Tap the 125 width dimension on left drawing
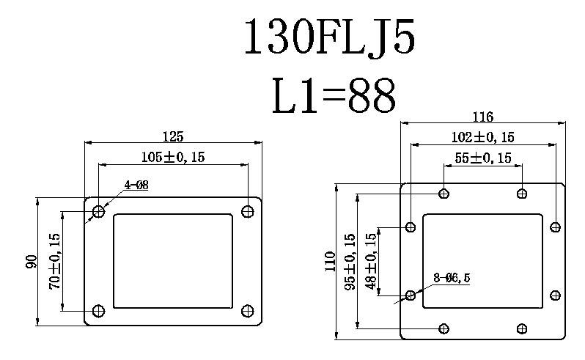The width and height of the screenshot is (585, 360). click(173, 136)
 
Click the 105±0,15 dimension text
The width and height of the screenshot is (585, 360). click(174, 156)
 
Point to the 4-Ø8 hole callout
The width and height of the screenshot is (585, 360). click(136, 185)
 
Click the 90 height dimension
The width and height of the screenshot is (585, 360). click(32, 261)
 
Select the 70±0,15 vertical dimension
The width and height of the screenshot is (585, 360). click(55, 261)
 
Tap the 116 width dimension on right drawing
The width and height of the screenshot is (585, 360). click(482, 117)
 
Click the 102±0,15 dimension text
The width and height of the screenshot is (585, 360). click(482, 137)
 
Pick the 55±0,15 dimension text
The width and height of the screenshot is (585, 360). click(483, 158)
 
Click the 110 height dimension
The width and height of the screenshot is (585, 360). click(330, 262)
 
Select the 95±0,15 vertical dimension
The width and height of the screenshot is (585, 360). click(350, 262)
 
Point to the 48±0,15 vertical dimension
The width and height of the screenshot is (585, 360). click(371, 261)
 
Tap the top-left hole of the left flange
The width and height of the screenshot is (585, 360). click(99, 212)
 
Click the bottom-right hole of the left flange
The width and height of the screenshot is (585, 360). click(248, 309)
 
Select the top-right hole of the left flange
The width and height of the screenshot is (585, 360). click(248, 212)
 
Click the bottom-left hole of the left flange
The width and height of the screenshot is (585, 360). click(99, 309)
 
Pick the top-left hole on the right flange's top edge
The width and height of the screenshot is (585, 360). click(444, 194)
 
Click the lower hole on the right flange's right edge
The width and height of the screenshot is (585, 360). click(555, 295)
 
